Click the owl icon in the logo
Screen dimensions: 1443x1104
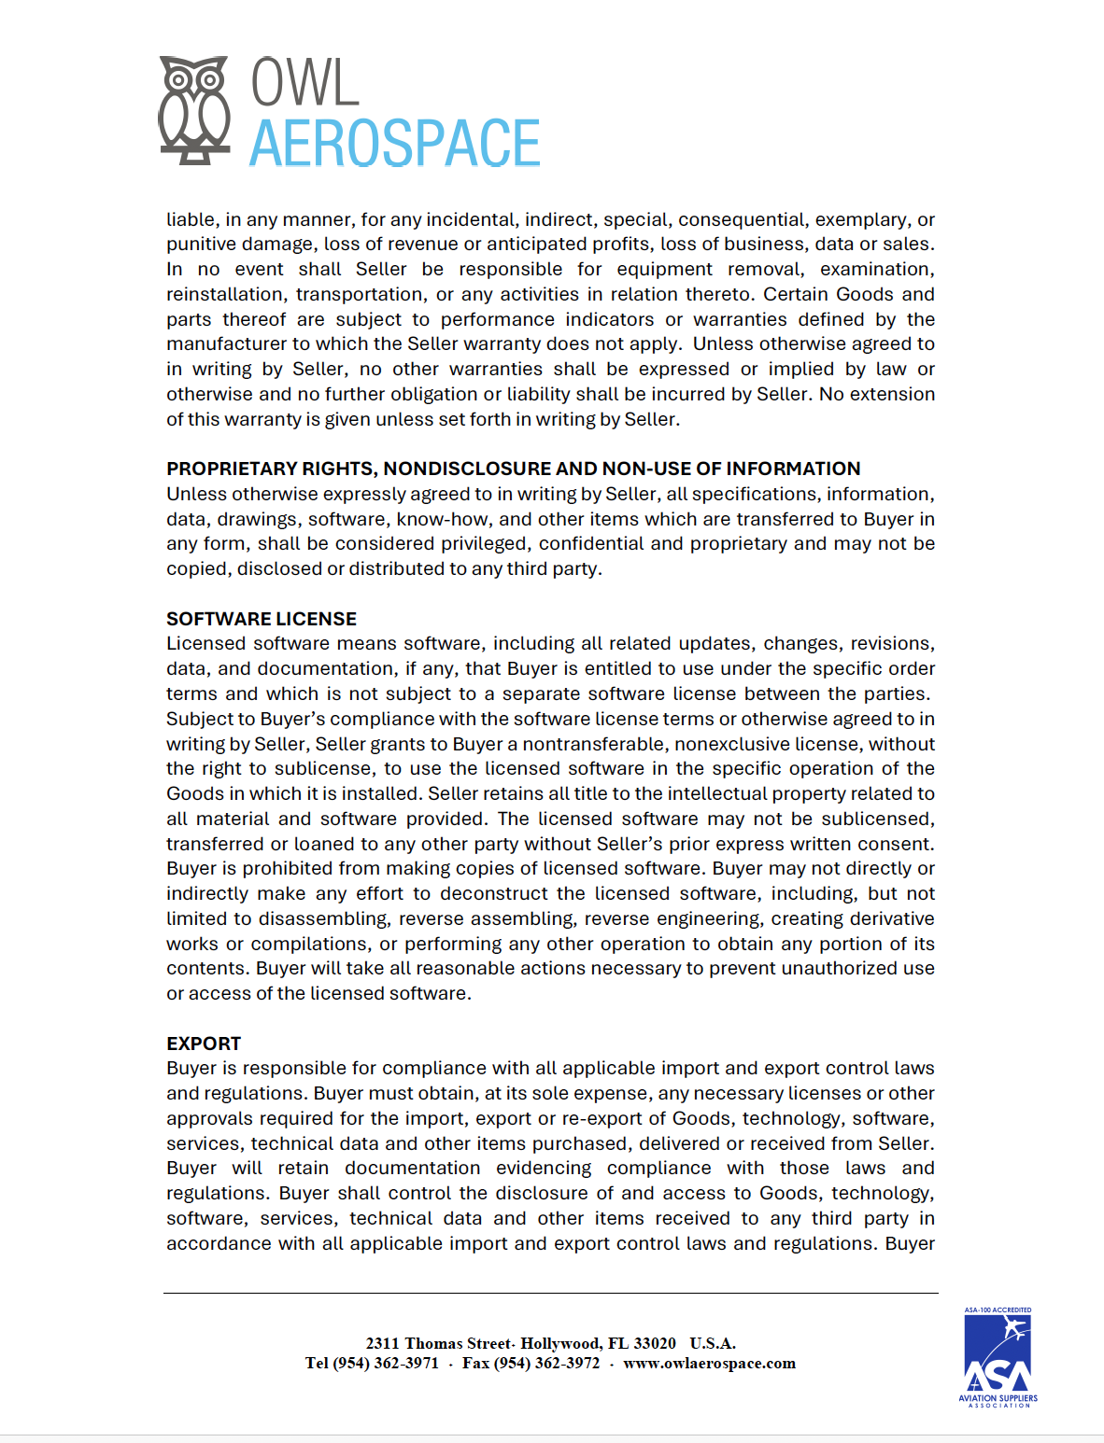194,110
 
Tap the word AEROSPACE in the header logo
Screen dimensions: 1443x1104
394,144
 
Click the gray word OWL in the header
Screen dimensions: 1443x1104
304,83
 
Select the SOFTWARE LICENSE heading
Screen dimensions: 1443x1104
262,619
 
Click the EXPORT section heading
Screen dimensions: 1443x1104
204,1044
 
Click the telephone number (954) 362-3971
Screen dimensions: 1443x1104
386,1363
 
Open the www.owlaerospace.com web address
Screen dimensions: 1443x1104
709,1363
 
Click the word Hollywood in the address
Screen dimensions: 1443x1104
560,1343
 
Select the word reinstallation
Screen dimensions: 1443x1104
225,294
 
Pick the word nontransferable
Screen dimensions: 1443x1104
591,744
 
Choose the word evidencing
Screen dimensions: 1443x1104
544,1169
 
